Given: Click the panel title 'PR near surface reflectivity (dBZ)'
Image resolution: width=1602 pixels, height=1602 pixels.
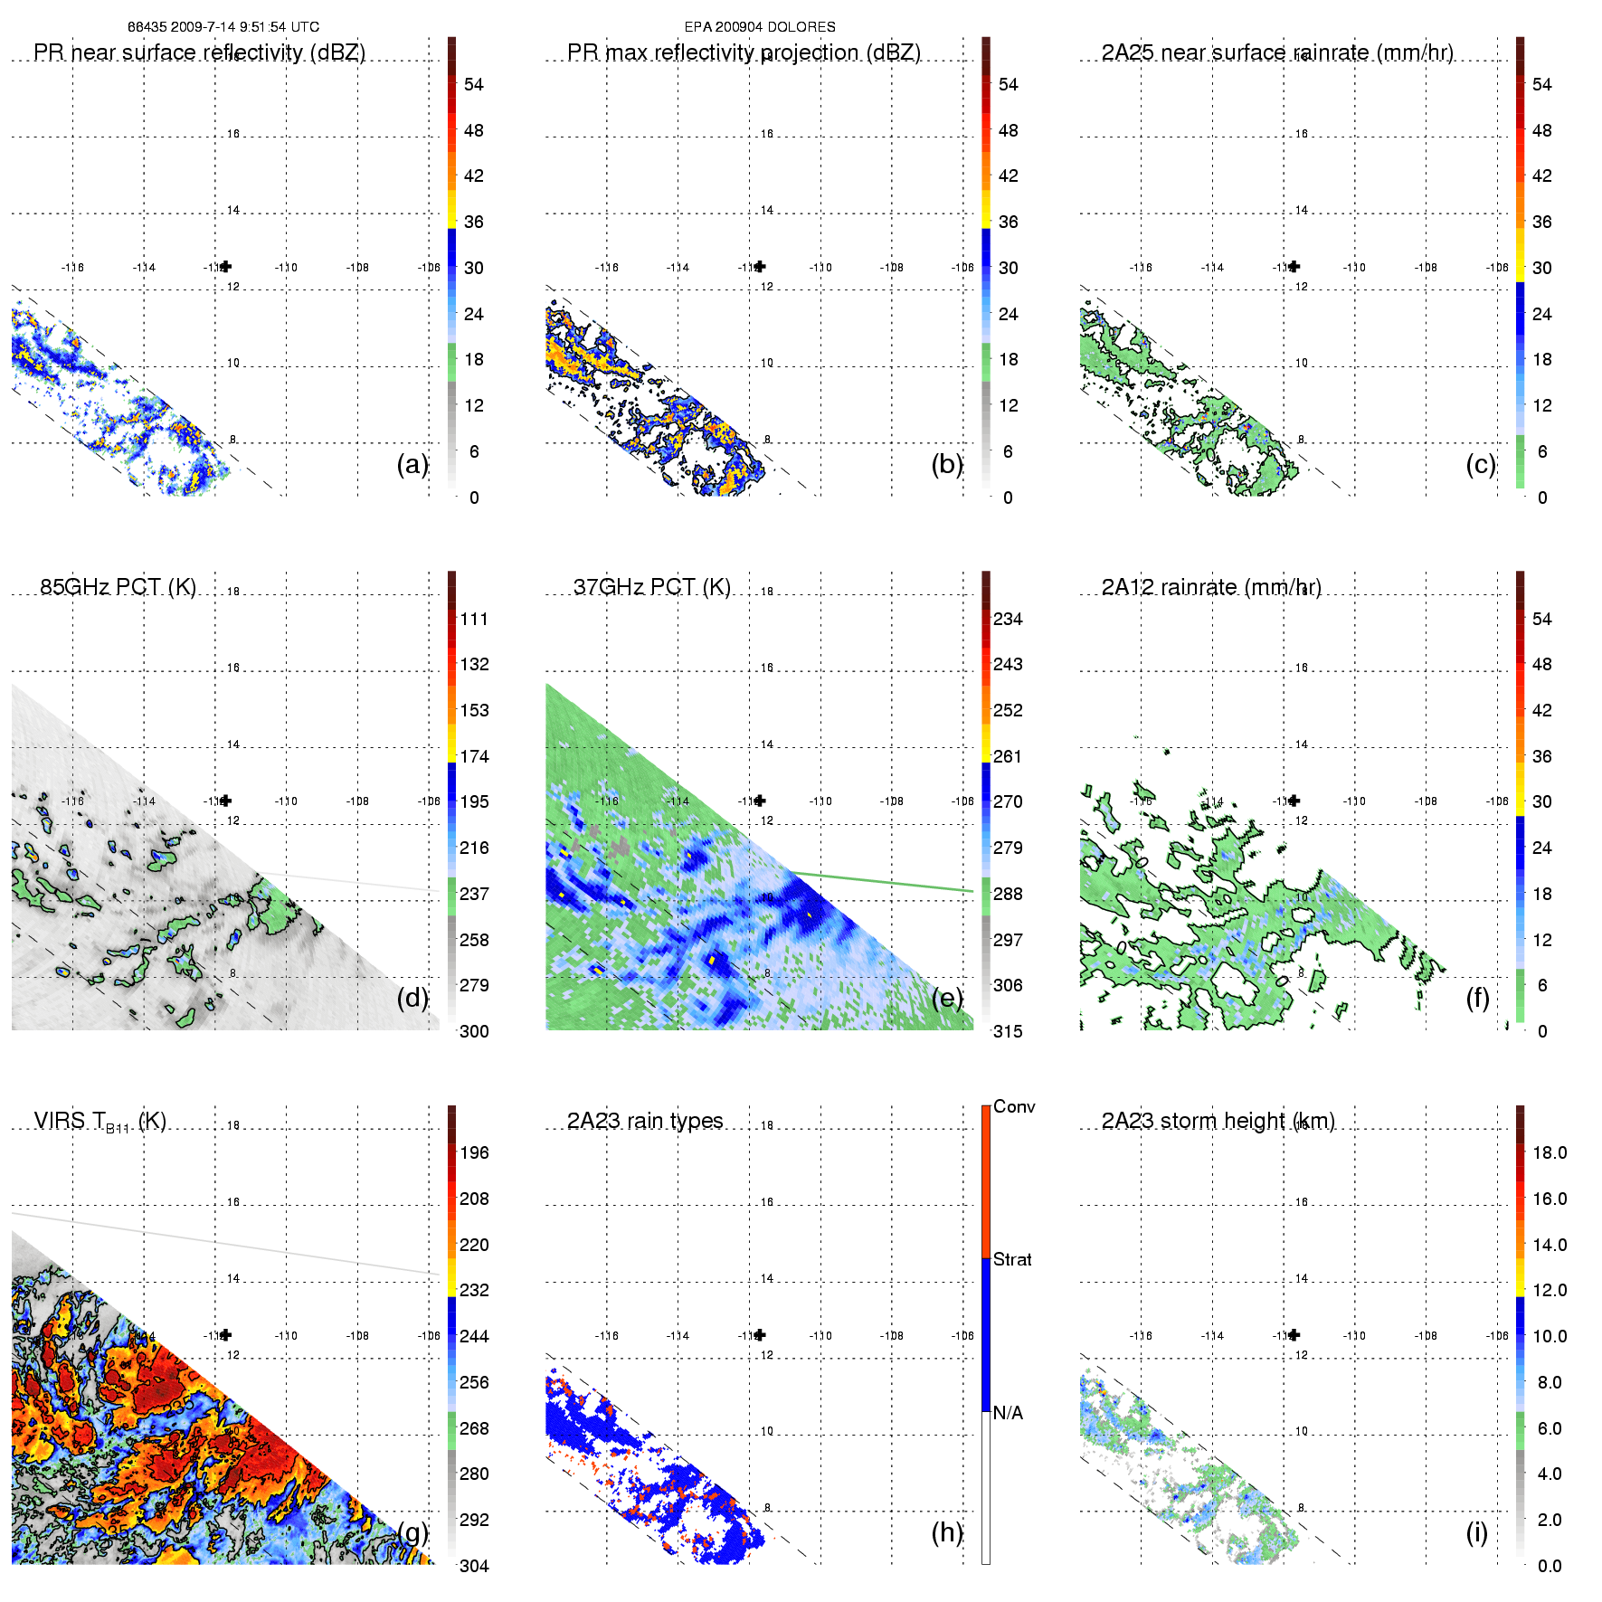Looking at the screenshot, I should coord(199,52).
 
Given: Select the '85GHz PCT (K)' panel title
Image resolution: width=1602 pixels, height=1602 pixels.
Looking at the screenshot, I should coord(118,587).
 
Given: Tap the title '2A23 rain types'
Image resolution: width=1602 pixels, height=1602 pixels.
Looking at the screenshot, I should coord(645,1121).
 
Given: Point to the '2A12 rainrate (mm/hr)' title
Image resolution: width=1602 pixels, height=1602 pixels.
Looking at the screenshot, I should coord(1211,587).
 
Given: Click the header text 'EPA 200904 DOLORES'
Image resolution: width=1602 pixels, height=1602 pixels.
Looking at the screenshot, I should coord(760,27).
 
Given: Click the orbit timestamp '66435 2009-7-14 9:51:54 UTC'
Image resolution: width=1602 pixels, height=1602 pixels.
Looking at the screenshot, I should coord(223,27).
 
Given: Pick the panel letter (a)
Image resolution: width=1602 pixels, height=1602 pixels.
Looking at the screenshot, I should coord(412,464).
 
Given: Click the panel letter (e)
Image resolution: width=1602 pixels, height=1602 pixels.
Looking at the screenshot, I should coord(946,998).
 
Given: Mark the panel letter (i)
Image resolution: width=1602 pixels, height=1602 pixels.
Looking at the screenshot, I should coord(1476,1532).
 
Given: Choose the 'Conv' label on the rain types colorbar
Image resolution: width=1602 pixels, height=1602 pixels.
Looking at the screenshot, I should coord(1014,1106).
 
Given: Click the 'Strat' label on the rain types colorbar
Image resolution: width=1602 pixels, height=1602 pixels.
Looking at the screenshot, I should coord(1012,1259).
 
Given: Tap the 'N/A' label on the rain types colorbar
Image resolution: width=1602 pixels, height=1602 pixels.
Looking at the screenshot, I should coord(1008,1413).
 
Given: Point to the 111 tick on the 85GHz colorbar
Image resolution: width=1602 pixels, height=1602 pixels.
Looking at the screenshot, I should coord(474,619).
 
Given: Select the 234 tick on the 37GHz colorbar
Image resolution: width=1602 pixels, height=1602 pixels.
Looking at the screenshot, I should coord(1008,619).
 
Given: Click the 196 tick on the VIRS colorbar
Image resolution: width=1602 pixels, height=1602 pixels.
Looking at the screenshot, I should coord(474,1152).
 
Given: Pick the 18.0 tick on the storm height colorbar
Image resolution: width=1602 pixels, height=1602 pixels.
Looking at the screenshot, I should coord(1549,1152).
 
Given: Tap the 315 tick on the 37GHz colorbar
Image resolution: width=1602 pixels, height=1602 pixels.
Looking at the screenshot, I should coord(1008,1031).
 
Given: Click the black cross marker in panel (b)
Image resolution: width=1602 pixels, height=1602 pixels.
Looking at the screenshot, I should coord(760,266).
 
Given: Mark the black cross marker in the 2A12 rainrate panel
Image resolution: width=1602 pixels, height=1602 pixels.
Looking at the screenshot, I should coord(1294,801).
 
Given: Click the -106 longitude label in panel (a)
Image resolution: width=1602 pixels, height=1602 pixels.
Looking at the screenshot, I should coord(429,268).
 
